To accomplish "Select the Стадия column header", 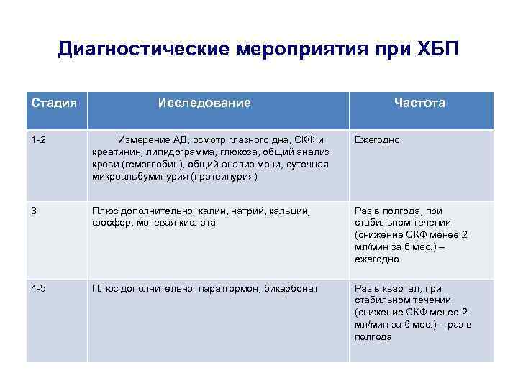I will coord(54,103).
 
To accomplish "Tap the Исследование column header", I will coord(204,103).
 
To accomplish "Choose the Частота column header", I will coord(419,103).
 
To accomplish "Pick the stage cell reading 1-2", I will coord(39,139).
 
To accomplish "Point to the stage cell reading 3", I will coord(34,211).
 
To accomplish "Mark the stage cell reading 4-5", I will coord(39,288).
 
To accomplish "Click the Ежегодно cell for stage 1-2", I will coord(377,139).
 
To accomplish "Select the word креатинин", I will coord(114,152).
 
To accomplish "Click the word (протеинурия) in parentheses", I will coord(224,176).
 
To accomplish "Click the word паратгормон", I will coord(222,288).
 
